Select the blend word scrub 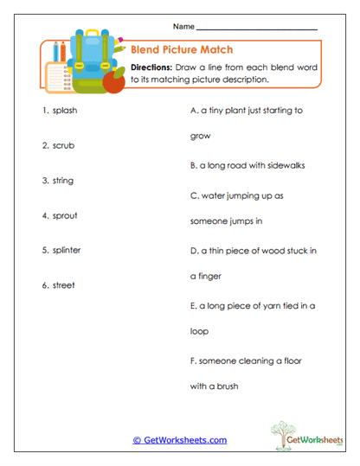click(x=65, y=145)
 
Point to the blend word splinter click(x=68, y=250)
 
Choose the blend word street click(x=64, y=285)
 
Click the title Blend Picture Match click(x=182, y=50)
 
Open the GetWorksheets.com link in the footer click(x=180, y=440)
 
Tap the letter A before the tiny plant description click(x=192, y=111)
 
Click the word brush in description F click(x=227, y=386)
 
